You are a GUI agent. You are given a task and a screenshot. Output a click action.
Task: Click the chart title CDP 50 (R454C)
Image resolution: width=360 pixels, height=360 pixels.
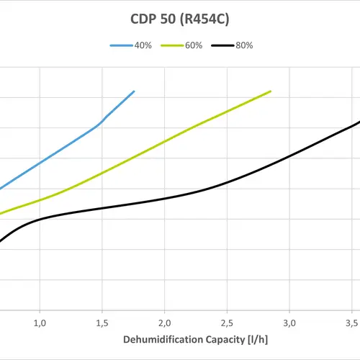click(x=179, y=17)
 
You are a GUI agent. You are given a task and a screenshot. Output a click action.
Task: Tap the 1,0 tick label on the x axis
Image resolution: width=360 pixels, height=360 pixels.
click(x=40, y=321)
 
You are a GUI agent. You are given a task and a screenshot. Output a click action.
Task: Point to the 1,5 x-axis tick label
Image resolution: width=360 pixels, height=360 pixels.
click(x=103, y=321)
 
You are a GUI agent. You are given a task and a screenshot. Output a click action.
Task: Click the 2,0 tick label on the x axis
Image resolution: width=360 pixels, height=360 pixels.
click(x=165, y=321)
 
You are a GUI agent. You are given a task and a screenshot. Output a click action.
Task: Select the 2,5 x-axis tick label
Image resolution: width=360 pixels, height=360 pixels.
click(x=228, y=321)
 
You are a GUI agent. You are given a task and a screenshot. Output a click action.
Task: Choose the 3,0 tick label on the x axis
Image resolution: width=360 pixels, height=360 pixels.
click(x=289, y=321)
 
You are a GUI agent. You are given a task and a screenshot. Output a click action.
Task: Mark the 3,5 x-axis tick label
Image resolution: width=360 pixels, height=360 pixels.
click(x=351, y=321)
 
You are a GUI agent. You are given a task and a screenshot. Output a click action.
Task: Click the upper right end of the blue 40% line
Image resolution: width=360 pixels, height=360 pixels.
click(x=134, y=91)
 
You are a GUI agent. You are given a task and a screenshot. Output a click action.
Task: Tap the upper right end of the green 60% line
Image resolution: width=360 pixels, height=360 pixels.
click(x=271, y=91)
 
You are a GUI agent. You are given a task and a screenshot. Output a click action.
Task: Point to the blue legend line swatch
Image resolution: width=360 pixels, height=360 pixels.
click(x=120, y=45)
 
